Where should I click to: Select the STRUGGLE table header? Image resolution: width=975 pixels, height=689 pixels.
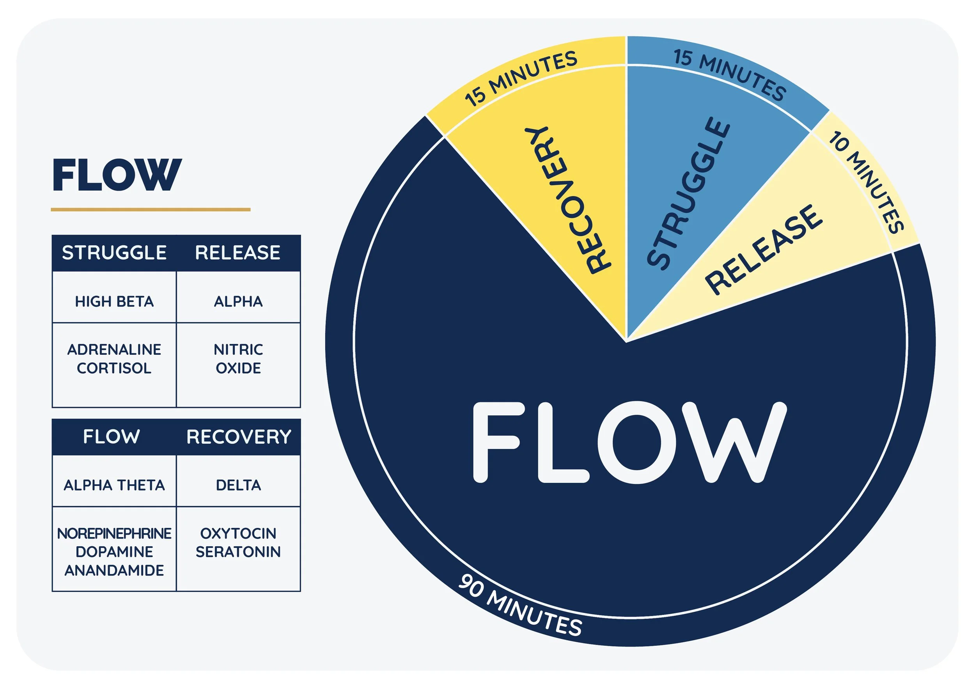(114, 253)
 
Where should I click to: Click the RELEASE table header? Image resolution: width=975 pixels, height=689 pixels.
(238, 253)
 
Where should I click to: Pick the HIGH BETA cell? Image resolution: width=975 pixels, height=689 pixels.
(114, 301)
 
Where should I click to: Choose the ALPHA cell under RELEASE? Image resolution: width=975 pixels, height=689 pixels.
(238, 301)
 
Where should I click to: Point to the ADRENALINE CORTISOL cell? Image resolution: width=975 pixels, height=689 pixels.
(114, 359)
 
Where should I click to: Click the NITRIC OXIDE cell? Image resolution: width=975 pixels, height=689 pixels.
(238, 359)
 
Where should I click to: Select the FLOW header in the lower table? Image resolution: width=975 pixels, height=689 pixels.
(111, 436)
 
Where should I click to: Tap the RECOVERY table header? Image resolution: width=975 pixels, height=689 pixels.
(239, 437)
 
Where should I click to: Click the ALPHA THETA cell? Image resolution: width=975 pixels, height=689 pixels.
(114, 485)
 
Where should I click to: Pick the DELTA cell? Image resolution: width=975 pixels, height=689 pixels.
(238, 485)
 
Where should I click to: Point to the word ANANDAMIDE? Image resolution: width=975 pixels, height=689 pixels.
(114, 570)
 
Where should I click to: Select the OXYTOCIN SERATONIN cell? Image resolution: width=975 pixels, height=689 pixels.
(238, 542)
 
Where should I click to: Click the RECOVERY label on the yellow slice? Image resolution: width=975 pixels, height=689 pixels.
(567, 200)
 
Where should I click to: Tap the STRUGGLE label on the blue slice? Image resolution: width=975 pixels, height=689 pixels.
(688, 193)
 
